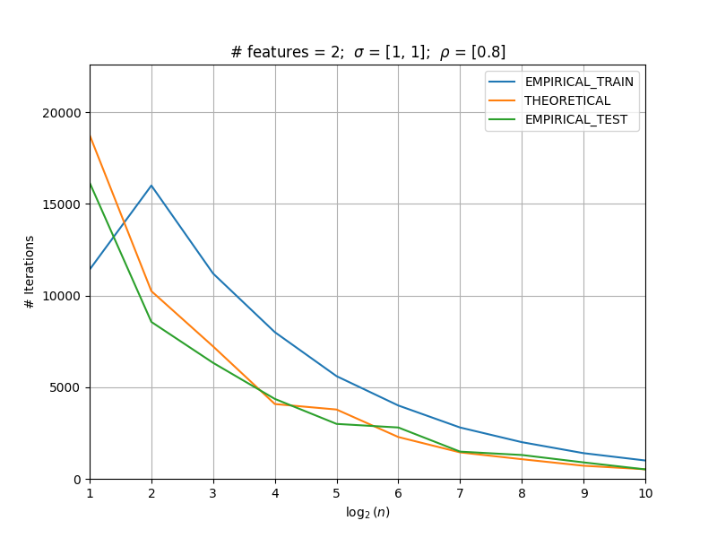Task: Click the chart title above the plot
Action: [x=368, y=52]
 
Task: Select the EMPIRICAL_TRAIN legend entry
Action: [x=561, y=82]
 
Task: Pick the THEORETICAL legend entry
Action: [x=549, y=100]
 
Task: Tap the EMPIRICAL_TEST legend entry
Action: [x=557, y=119]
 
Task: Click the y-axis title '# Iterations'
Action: [x=30, y=273]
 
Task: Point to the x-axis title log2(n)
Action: [x=368, y=512]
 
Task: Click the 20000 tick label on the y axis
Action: [x=62, y=113]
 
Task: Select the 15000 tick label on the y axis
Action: [x=62, y=204]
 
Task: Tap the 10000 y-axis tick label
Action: [x=62, y=296]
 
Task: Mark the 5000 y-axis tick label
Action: [x=65, y=388]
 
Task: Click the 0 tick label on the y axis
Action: [x=77, y=480]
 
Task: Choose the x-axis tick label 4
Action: [x=275, y=493]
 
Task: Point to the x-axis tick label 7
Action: [x=461, y=493]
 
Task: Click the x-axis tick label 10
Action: [x=645, y=493]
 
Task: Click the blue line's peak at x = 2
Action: [x=151, y=186]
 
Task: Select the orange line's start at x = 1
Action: [x=91, y=136]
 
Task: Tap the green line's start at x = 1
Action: [x=91, y=184]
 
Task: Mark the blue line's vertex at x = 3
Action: [x=213, y=273]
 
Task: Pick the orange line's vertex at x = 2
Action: [x=151, y=291]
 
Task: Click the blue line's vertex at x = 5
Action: [x=337, y=377]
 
